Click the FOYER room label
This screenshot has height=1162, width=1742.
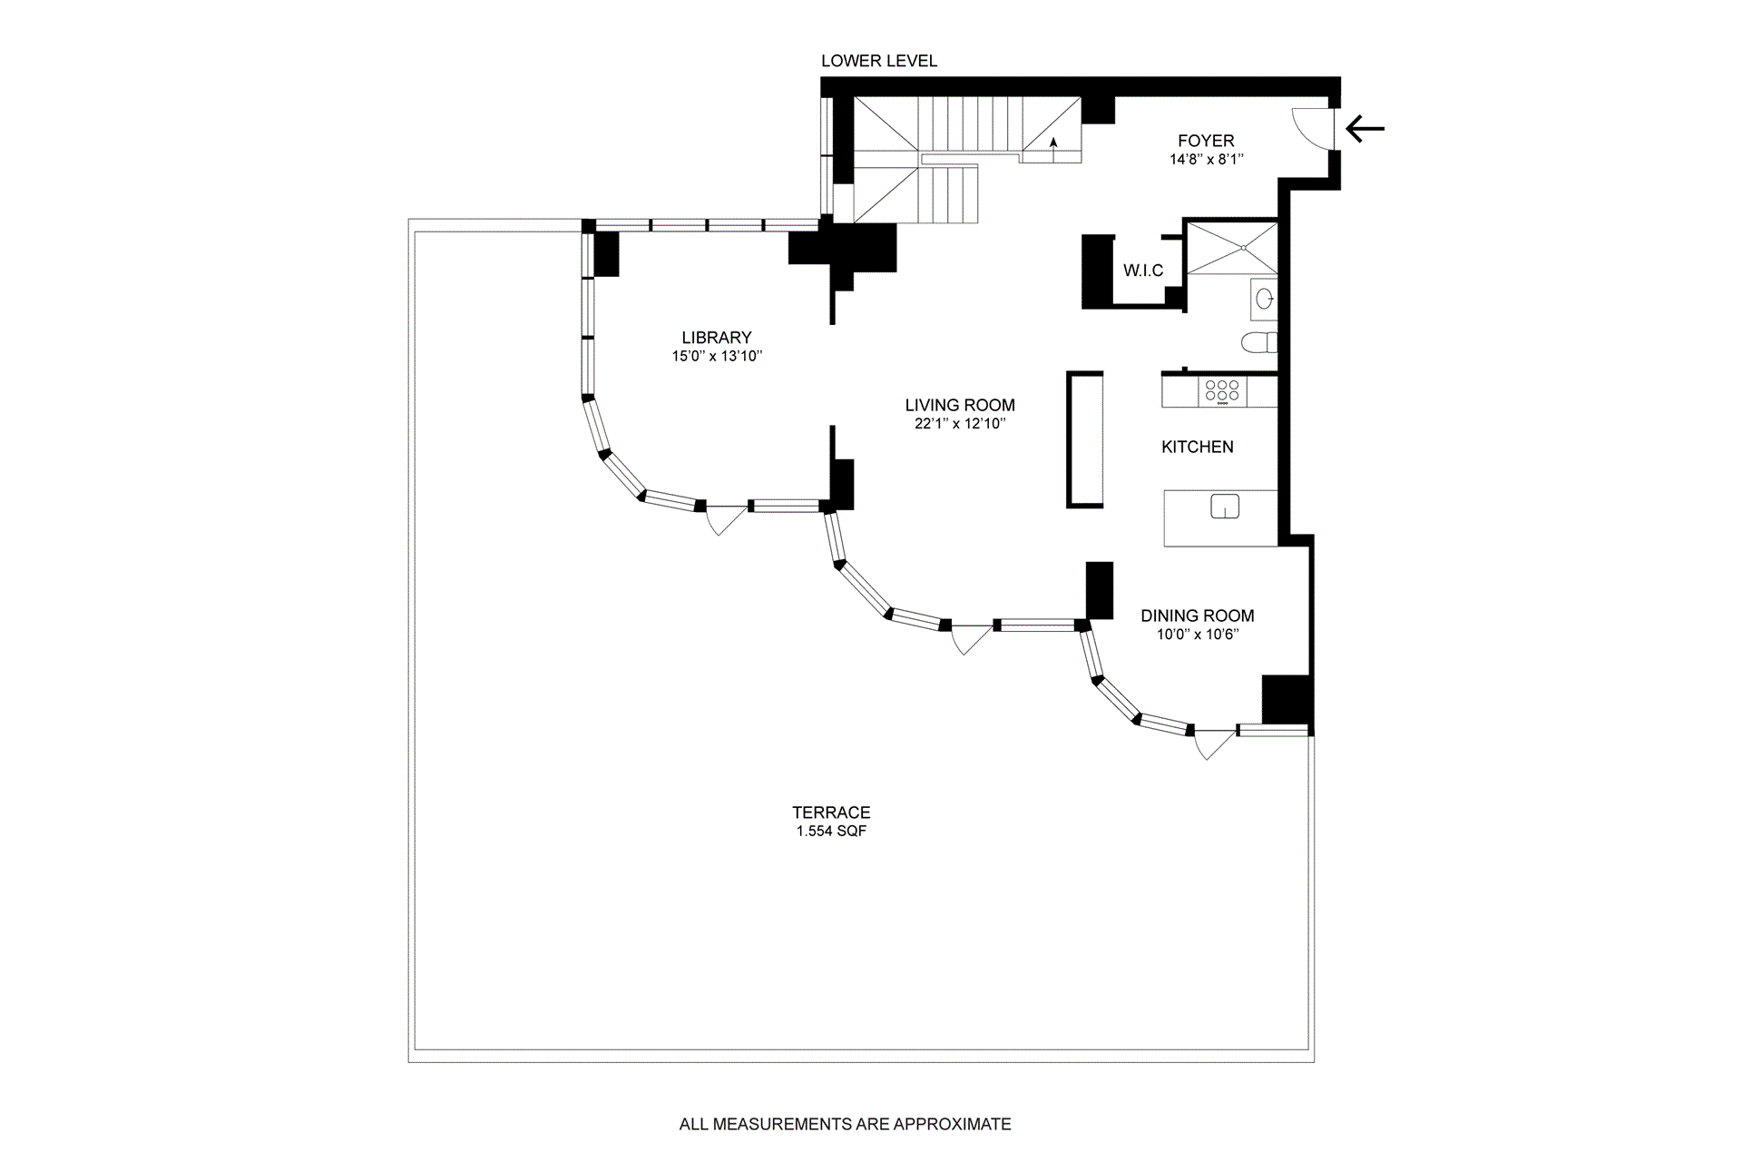(1206, 141)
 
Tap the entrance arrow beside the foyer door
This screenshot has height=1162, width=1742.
(1365, 129)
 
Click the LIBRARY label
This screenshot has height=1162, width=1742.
(717, 338)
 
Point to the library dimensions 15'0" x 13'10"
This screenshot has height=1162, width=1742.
(717, 357)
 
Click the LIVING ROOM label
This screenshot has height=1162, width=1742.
(960, 405)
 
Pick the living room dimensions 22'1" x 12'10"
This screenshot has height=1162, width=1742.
(960, 424)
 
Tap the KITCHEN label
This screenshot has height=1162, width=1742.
(1198, 447)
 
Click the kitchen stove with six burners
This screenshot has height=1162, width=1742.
(1222, 391)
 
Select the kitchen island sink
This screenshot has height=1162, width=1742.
(1225, 507)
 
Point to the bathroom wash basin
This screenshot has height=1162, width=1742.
(1264, 297)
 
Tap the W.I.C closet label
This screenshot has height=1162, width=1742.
(1143, 271)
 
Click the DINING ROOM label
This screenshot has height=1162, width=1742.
(1198, 615)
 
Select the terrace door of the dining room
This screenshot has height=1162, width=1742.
(1213, 744)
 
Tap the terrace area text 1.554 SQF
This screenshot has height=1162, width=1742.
(831, 832)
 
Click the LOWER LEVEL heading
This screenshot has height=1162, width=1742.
(879, 61)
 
